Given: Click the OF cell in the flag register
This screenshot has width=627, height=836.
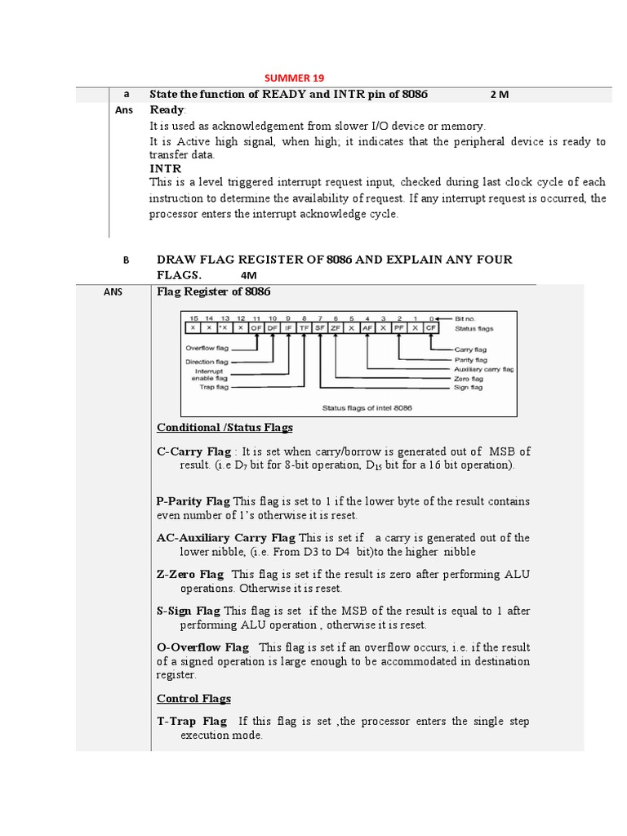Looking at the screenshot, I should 255,327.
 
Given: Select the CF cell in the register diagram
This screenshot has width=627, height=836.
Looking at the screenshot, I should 430,327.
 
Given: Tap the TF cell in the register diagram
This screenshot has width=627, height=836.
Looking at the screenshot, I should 303,327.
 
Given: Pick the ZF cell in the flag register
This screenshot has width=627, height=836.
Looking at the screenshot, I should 335,327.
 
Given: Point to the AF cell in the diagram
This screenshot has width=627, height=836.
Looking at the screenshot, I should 367,327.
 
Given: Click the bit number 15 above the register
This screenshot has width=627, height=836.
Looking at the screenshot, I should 193,318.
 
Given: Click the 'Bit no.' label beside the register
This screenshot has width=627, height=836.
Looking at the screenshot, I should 468,318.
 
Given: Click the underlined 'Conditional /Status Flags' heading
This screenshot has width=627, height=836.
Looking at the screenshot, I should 225,428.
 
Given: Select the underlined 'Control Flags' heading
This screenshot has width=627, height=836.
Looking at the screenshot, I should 193,699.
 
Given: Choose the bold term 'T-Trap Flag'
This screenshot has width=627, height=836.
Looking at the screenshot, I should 192,722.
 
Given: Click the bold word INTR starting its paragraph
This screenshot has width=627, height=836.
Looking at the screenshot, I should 165,168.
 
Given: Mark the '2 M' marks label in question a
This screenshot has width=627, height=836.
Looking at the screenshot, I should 500,95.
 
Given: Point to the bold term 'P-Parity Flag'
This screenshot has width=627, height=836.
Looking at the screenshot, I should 193,501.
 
